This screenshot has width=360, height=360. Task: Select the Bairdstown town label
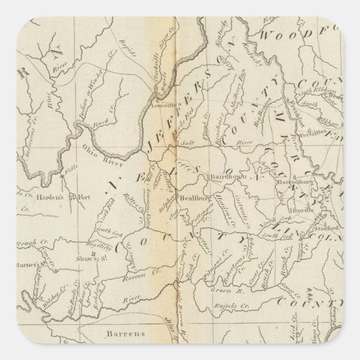[225, 178]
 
